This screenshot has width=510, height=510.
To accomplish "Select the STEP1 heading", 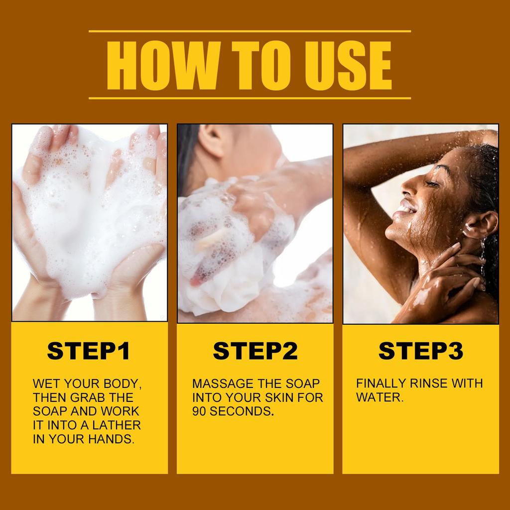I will (x=89, y=351).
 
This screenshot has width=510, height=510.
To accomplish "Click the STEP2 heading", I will (x=255, y=351).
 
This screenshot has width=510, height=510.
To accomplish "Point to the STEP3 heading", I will (x=420, y=351).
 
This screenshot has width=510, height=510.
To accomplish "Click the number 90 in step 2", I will (x=200, y=411).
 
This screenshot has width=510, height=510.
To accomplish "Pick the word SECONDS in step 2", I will (x=241, y=411).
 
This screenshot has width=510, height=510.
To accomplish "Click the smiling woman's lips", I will (x=404, y=206).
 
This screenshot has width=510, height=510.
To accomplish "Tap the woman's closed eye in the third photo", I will (x=431, y=183).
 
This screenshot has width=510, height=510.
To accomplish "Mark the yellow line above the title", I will (x=250, y=31).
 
